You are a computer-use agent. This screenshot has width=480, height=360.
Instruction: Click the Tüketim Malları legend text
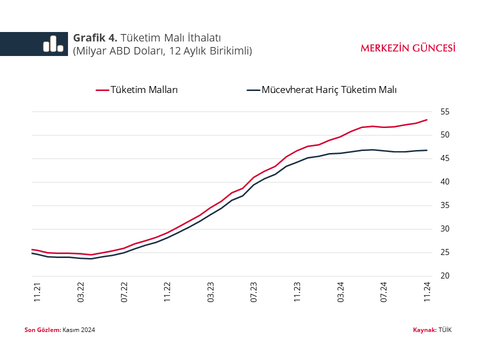click(144, 90)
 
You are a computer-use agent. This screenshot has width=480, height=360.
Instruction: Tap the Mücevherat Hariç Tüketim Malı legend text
click(329, 90)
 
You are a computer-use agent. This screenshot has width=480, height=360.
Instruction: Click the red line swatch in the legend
click(102, 90)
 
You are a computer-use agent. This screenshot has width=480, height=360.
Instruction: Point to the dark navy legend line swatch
click(253, 90)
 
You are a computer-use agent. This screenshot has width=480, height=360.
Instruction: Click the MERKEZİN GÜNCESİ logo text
click(408, 48)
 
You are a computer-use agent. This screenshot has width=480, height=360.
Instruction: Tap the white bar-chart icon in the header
click(53, 44)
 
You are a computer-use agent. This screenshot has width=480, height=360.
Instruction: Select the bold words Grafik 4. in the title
click(95, 37)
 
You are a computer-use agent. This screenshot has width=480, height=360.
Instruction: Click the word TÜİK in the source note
click(445, 330)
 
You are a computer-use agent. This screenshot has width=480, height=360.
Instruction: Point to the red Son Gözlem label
click(42, 330)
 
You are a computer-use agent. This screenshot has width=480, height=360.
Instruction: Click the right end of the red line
click(426, 120)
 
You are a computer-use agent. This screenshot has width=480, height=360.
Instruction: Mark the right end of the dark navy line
click(426, 150)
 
